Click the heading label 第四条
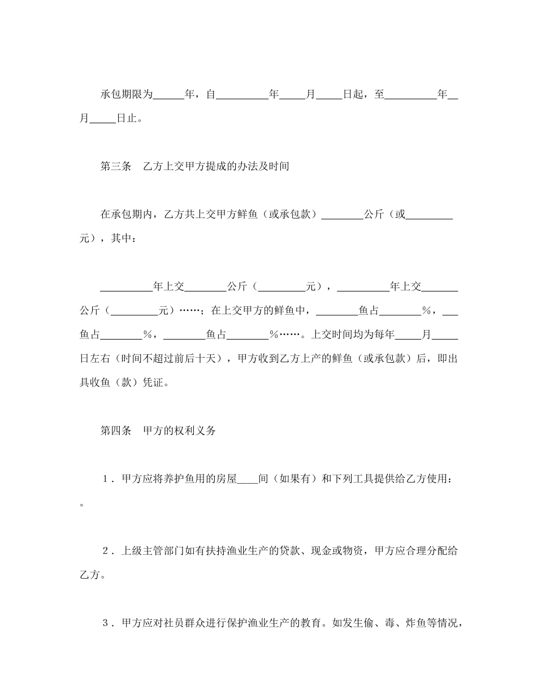point(116,431)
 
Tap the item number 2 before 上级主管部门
point(106,551)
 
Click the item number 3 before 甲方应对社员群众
point(106,623)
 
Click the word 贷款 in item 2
point(290,551)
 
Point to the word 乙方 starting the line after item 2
point(90,575)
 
